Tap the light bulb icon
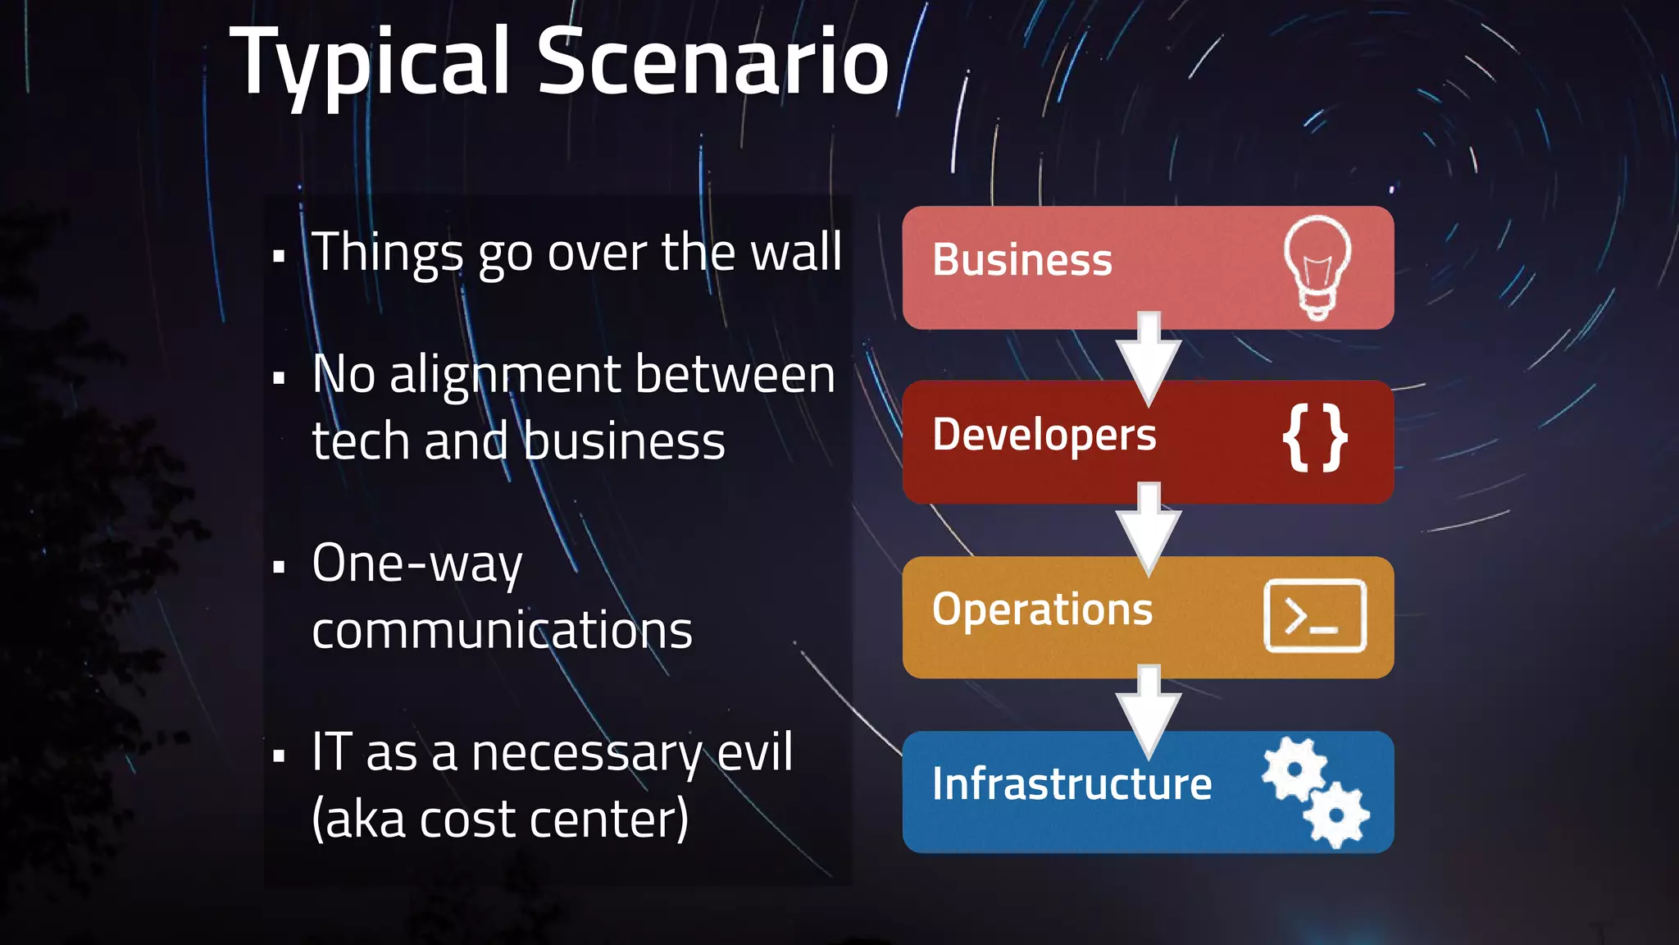coord(1317,267)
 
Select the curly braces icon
coord(1314,438)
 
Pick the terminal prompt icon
coord(1315,615)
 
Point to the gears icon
coord(1315,792)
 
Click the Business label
coord(1022,260)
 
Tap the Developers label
coord(1044,435)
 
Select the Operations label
coord(1042,609)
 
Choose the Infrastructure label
coord(1072,783)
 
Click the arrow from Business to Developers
coord(1149,357)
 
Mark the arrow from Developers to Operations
coord(1149,529)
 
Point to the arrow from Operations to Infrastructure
coord(1149,710)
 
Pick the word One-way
coord(416,564)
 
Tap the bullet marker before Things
coord(280,256)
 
